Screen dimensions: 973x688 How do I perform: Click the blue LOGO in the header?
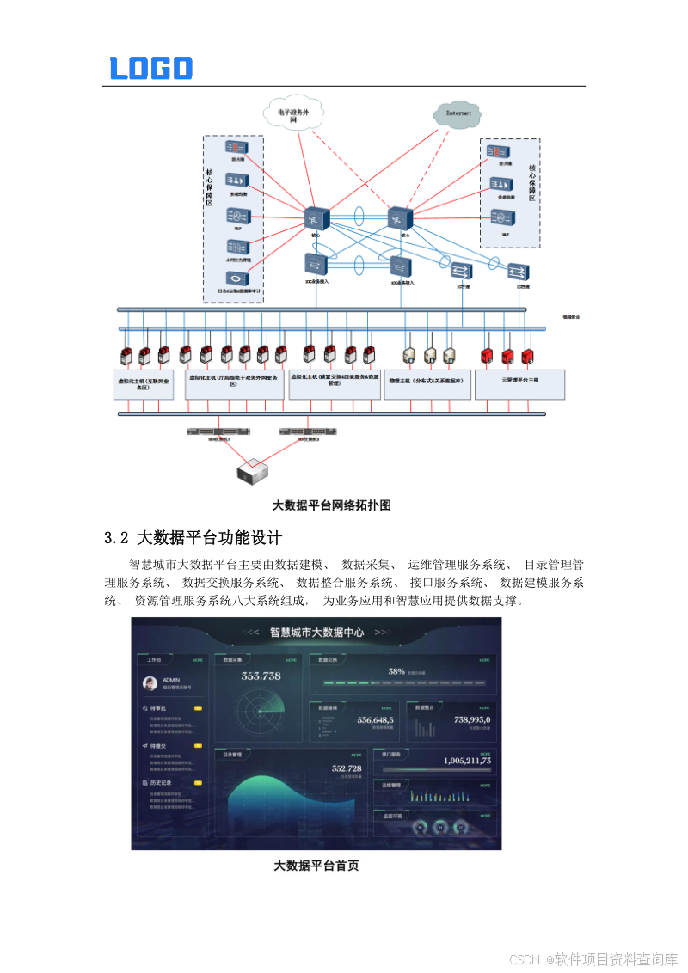tap(150, 68)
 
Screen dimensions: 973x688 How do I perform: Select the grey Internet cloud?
tap(458, 113)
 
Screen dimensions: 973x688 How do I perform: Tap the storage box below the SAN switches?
tap(253, 470)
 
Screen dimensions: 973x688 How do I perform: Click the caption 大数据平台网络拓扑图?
tap(332, 505)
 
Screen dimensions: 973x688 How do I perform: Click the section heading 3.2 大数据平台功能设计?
tap(193, 539)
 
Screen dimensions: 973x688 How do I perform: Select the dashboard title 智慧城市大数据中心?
tap(316, 632)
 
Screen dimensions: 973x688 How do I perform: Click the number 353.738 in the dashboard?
tap(261, 676)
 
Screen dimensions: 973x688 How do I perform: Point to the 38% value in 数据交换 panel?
tap(396, 670)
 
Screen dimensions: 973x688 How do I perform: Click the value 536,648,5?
tap(376, 720)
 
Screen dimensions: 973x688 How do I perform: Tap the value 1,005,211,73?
tap(467, 761)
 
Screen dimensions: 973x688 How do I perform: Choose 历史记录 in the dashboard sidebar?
tap(161, 783)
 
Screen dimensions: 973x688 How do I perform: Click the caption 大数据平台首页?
tap(316, 866)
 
